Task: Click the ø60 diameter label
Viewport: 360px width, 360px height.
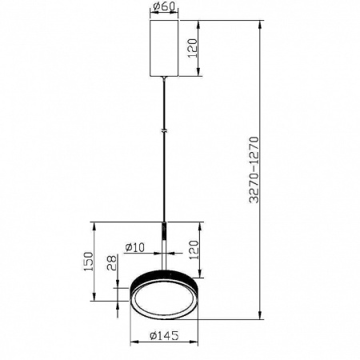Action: coord(165,9)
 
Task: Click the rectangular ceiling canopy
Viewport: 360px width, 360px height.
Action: coord(165,47)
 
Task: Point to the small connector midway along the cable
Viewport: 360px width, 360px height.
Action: coord(165,130)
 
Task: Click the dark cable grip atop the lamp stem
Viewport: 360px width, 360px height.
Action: coord(165,230)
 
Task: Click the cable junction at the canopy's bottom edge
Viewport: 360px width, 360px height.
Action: coord(165,76)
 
